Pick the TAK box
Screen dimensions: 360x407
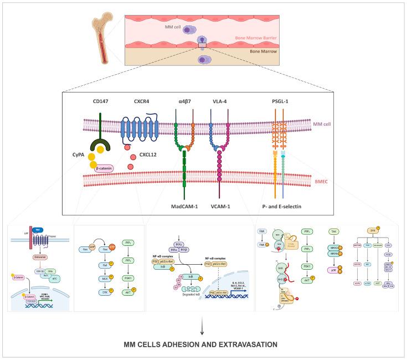click(x=318, y=231)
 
